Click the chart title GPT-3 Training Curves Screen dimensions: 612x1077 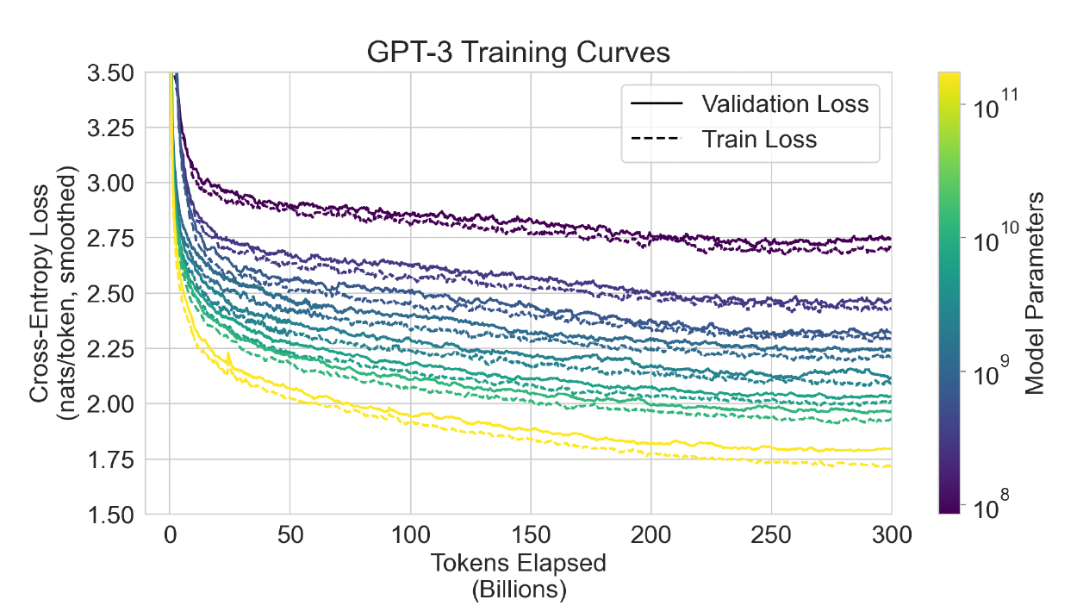pos(518,52)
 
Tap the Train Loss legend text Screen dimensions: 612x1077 pos(759,138)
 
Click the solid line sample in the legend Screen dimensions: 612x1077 pos(656,103)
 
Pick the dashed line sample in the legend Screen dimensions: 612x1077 pos(656,138)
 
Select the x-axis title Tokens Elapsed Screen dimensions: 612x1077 pos(518,563)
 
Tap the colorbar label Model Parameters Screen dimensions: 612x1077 pos(1035,293)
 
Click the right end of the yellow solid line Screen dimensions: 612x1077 pos(889,448)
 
